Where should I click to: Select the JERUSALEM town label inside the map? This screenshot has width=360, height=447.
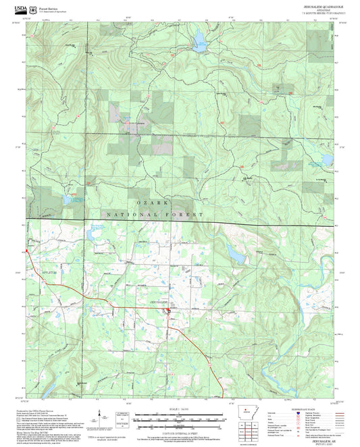click(158, 301)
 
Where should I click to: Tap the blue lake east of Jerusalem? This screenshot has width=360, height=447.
click(237, 255)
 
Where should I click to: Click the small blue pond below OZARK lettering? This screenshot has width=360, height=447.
click(91, 234)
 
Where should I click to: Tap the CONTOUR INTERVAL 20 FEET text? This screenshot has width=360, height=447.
click(180, 430)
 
